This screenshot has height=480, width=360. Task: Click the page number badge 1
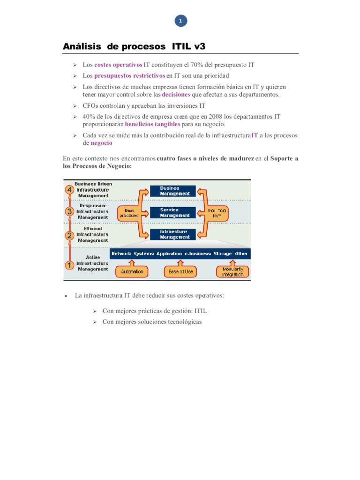click(x=180, y=21)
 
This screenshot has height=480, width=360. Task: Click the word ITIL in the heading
click(x=182, y=46)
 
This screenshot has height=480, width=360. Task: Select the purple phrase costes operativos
click(x=118, y=65)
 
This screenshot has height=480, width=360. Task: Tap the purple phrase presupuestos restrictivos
click(x=130, y=75)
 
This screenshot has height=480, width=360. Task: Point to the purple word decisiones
click(x=176, y=94)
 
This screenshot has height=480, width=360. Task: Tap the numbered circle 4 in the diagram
click(x=69, y=189)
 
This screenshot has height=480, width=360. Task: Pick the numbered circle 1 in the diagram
click(x=69, y=265)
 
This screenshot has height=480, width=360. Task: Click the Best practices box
click(x=129, y=213)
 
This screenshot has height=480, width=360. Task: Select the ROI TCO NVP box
click(x=217, y=213)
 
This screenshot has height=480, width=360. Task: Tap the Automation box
click(x=132, y=271)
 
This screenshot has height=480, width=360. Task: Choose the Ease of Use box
click(x=180, y=271)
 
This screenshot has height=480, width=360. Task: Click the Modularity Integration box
click(x=232, y=271)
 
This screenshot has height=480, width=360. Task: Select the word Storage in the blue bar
click(x=223, y=254)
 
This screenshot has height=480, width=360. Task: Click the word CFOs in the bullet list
click(x=91, y=105)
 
